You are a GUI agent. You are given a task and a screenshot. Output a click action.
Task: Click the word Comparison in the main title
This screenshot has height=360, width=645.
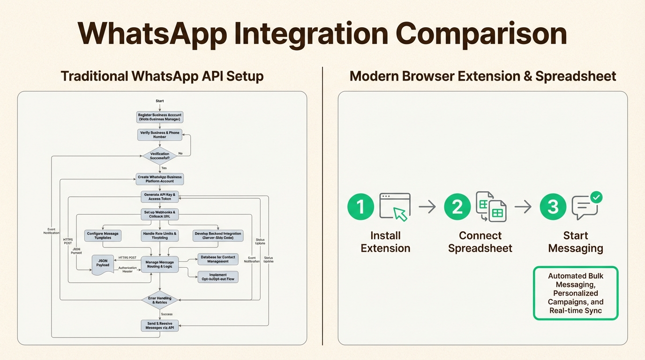pos(481,34)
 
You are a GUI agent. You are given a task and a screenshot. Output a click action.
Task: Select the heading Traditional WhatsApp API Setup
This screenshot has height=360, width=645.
pos(162,76)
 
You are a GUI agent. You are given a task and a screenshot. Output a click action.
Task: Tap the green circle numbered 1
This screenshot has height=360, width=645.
pos(360,207)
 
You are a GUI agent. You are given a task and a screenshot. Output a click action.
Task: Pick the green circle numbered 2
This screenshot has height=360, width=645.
pos(457,207)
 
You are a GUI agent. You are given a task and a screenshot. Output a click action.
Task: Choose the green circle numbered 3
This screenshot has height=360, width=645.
pos(553,207)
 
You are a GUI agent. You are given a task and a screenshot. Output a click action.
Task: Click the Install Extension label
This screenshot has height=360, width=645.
pos(385,242)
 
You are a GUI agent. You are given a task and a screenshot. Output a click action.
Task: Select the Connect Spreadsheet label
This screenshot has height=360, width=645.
pos(480,242)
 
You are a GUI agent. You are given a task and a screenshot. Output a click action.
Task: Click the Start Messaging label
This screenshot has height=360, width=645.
pos(576,242)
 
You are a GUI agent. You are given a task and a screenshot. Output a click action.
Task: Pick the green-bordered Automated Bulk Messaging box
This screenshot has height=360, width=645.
pos(576,293)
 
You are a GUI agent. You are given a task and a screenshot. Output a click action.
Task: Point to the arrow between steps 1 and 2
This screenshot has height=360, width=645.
pos(427,207)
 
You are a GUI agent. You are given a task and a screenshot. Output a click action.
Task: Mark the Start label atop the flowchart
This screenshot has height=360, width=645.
pos(160,101)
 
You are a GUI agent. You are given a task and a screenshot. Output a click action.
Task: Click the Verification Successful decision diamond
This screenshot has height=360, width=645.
pos(160,156)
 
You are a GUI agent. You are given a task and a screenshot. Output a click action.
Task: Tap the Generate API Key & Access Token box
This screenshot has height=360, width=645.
pos(160,196)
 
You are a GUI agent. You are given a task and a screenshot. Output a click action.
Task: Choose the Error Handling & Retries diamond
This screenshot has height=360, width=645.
pos(160,300)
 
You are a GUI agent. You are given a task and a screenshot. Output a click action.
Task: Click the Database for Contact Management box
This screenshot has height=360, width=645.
pos(217,259)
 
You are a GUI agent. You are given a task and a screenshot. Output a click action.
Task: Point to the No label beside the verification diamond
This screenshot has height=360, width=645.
pos(180,153)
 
